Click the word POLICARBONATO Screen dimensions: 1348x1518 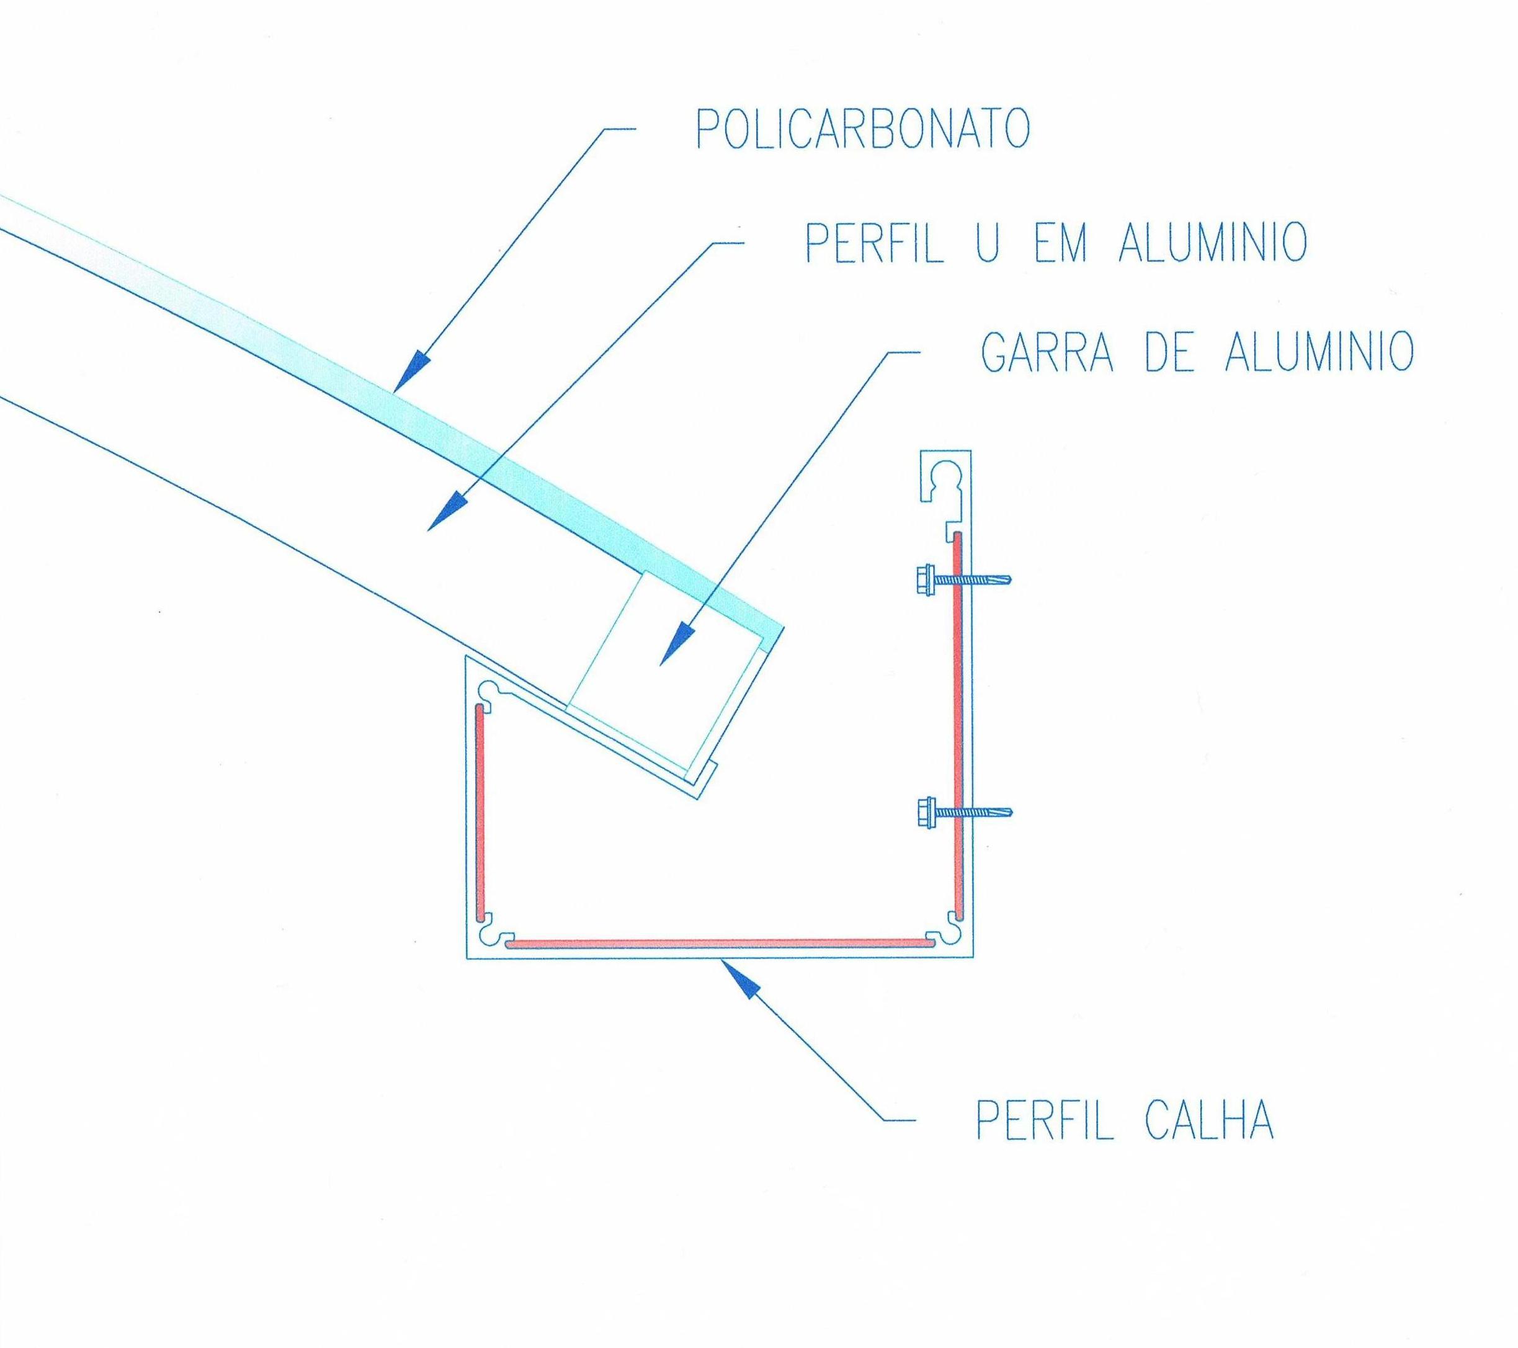(862, 130)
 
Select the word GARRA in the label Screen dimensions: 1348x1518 (1048, 353)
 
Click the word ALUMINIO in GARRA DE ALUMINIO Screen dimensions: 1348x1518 (1318, 353)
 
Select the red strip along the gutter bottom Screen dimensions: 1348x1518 (717, 944)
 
